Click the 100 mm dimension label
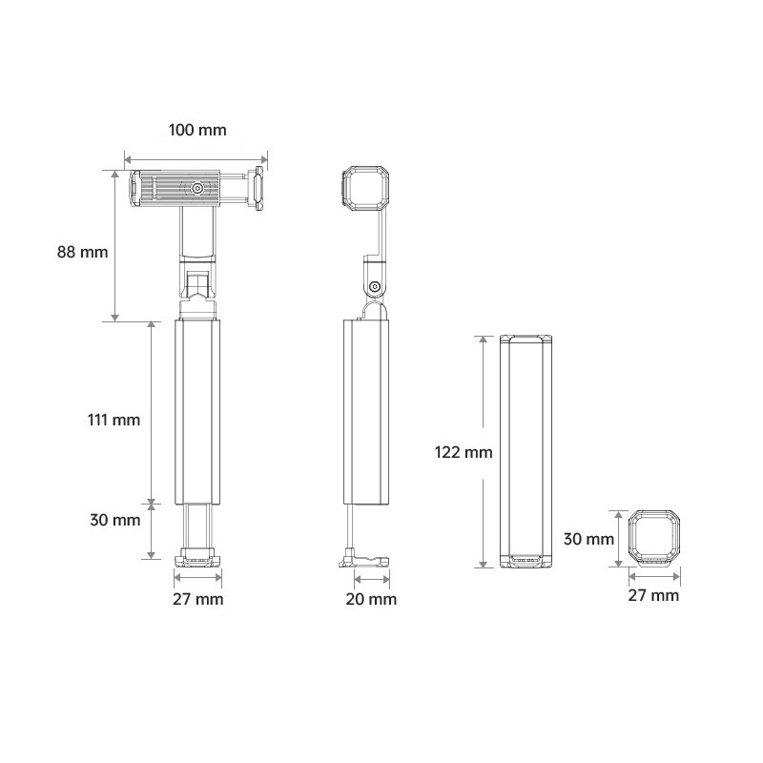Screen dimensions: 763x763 coord(197,131)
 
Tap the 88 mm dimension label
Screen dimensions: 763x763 coord(82,252)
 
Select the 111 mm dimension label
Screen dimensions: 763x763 coord(113,420)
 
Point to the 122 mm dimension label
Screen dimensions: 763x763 coord(464,452)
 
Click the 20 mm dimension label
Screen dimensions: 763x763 coord(371,599)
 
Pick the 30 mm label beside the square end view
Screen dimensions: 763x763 coord(588,539)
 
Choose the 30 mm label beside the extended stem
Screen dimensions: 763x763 coord(115,520)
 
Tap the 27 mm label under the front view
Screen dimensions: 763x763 coord(198,599)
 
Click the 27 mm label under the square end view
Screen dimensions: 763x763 coord(653,595)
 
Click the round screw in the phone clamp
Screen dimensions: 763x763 coord(197,188)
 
